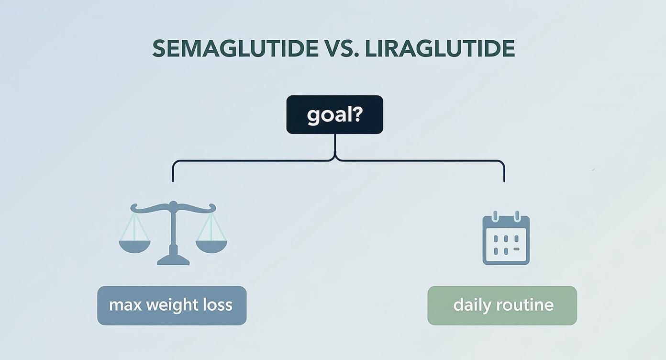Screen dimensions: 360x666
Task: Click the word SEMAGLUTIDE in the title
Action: click(235, 49)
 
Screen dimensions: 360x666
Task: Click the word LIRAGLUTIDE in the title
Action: click(440, 49)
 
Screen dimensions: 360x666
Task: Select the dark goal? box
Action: click(334, 115)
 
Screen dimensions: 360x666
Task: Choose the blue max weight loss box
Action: click(172, 305)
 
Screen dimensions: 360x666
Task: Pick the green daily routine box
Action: click(502, 305)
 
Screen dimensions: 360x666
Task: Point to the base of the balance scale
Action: click(173, 260)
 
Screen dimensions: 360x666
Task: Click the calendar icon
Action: click(506, 240)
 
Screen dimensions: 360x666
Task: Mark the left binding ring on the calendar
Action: click(495, 216)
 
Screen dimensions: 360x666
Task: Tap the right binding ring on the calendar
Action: click(516, 216)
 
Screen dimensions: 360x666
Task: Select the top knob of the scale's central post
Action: click(173, 204)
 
